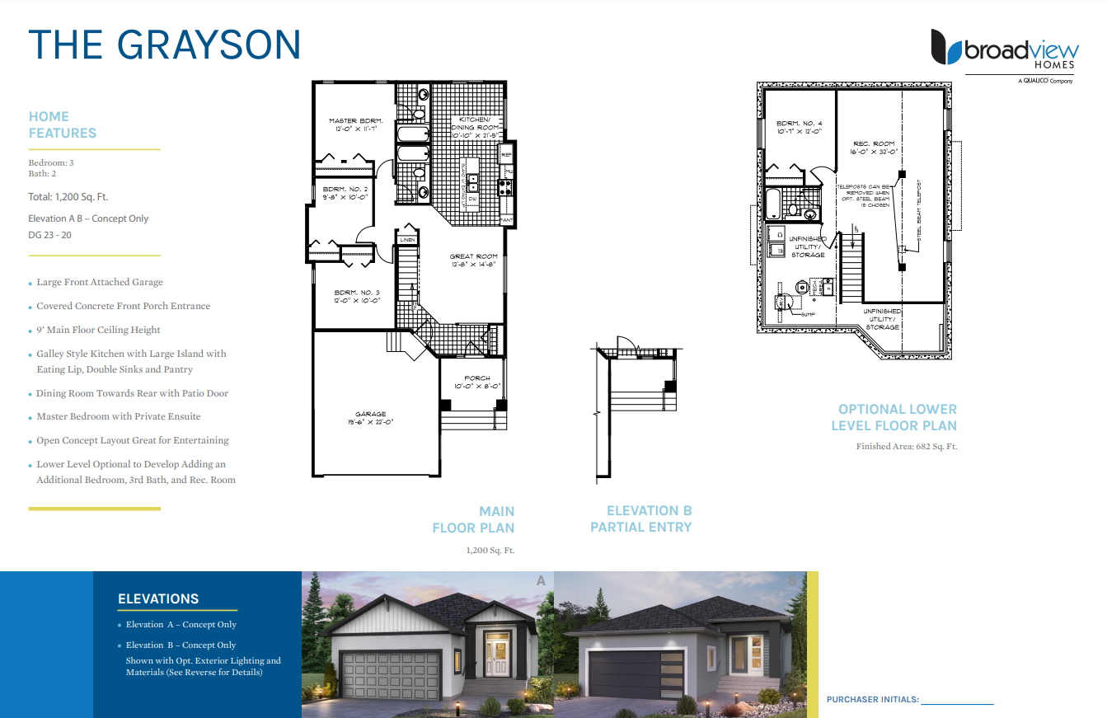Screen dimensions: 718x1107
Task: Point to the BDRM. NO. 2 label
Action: pos(345,194)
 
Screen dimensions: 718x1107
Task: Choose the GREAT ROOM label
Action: pos(474,260)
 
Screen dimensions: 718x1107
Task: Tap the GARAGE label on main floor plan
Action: pos(370,418)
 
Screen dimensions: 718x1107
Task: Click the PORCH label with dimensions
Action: pos(476,382)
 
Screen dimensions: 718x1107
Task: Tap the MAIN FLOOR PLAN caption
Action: pos(474,519)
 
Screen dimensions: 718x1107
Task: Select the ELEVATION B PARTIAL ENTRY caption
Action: pos(641,519)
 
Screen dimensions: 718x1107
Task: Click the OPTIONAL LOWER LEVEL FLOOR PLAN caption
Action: pos(894,417)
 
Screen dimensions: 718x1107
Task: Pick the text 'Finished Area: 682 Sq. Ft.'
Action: pos(907,447)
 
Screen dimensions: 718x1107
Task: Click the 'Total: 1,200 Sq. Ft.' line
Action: pos(68,197)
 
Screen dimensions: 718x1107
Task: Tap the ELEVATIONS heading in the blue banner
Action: pos(158,599)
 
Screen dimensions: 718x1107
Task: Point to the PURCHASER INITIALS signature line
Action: pos(957,702)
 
